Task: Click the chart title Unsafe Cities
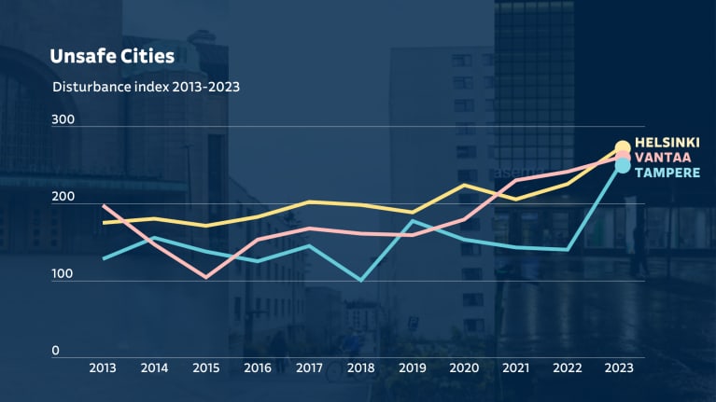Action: click(112, 57)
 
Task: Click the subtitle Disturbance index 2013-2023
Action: click(147, 88)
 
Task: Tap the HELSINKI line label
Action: click(667, 142)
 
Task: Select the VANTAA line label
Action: click(663, 157)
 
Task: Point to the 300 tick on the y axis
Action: click(63, 120)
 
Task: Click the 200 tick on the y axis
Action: click(63, 198)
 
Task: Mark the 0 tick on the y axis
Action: click(55, 351)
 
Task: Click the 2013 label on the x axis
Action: click(103, 367)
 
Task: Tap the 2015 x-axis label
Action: click(205, 367)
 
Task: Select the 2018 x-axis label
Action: click(361, 367)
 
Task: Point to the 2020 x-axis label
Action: click(465, 367)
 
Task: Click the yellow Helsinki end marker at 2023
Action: click(623, 147)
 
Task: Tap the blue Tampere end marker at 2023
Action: click(623, 166)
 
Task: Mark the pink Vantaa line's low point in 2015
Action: click(205, 277)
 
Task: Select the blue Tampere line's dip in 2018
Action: click(361, 279)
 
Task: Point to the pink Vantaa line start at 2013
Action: click(103, 205)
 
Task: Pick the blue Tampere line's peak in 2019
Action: click(413, 220)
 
